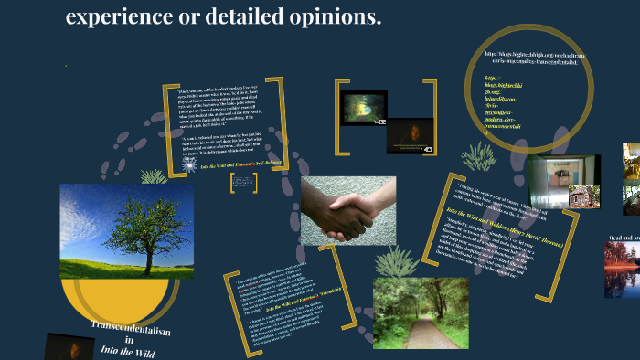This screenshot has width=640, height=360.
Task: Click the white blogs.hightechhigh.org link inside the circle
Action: tap(536, 60)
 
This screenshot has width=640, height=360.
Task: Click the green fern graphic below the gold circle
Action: tap(476, 157)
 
